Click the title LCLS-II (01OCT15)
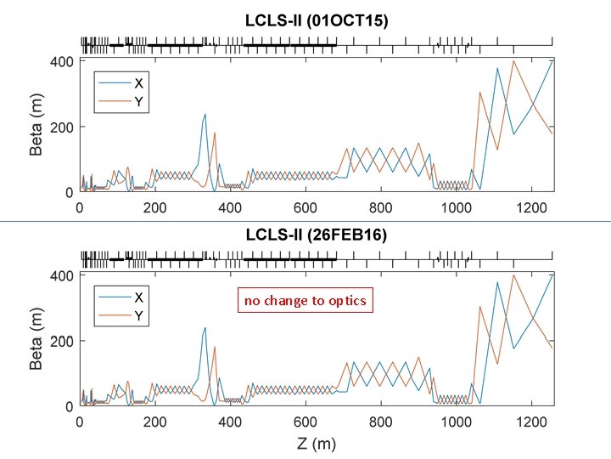click(x=317, y=22)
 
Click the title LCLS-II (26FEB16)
click(x=317, y=236)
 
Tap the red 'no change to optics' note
click(x=305, y=301)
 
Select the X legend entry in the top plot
click(x=137, y=82)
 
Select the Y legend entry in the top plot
click(x=137, y=99)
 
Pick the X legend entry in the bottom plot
click(x=137, y=297)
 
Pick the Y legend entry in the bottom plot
click(x=137, y=314)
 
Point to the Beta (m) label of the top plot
click(x=36, y=127)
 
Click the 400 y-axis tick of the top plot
click(x=63, y=61)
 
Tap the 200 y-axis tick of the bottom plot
click(x=63, y=341)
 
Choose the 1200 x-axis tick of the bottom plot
click(x=531, y=422)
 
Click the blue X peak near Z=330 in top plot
click(x=205, y=114)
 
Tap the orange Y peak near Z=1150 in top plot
click(x=513, y=61)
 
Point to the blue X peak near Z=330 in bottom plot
click(x=205, y=328)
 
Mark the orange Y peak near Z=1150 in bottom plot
click(x=513, y=275)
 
